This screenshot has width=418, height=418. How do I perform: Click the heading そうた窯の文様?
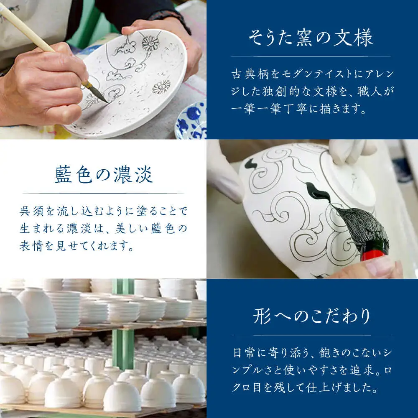pyautogui.click(x=311, y=38)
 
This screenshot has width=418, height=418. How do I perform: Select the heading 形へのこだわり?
pyautogui.click(x=311, y=316)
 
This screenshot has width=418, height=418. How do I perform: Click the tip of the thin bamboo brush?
pyautogui.click(x=109, y=103)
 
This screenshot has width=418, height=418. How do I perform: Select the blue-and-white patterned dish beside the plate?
pyautogui.click(x=191, y=120)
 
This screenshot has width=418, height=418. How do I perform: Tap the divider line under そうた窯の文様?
pyautogui.click(x=311, y=56)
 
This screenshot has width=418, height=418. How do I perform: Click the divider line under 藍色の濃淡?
pyautogui.click(x=103, y=193)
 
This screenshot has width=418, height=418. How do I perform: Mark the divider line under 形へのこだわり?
pyautogui.click(x=312, y=335)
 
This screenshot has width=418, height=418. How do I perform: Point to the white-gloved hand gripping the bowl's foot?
pyautogui.click(x=347, y=152)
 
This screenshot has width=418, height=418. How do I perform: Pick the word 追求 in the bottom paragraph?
pyautogui.click(x=362, y=370)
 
